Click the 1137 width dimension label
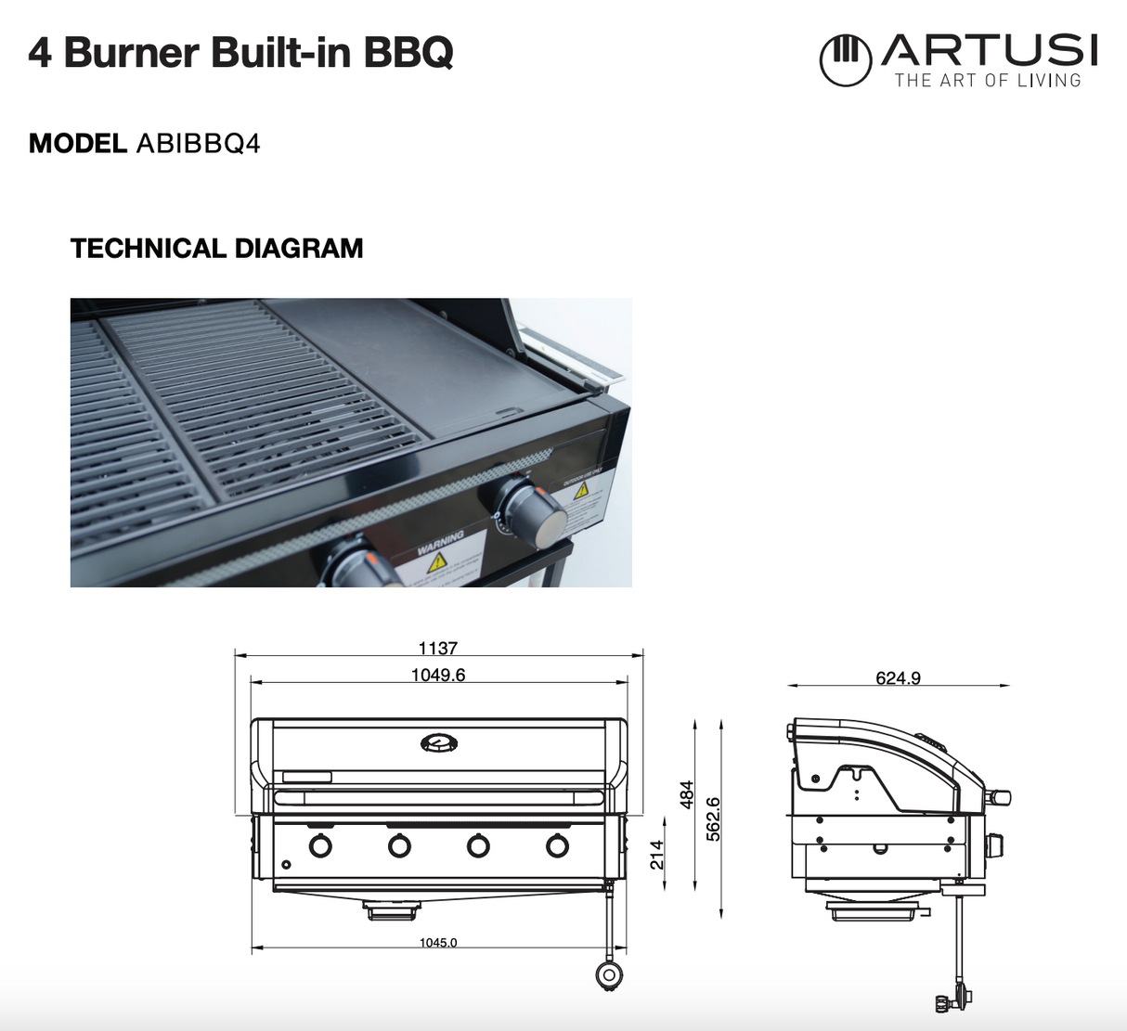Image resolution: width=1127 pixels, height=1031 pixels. pos(437,649)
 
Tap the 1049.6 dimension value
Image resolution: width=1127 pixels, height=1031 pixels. pos(438,675)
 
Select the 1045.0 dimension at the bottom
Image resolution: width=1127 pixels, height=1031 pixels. pos(437,943)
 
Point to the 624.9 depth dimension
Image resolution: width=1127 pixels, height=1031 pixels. pos(898,678)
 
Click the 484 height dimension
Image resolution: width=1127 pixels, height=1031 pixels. pos(687,794)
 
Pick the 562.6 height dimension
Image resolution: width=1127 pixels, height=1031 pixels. pos(713,818)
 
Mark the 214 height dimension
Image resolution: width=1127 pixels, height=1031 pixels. pos(657,855)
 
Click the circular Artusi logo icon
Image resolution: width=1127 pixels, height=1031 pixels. pos(845,60)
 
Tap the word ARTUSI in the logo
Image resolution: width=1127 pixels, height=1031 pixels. pos(990,50)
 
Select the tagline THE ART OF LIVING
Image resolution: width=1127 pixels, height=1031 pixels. pos(988,81)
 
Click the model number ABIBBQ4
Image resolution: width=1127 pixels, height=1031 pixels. pos(198,144)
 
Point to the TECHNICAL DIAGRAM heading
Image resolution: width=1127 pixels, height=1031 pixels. pos(216,249)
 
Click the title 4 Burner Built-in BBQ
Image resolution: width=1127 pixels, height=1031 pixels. pos(240,53)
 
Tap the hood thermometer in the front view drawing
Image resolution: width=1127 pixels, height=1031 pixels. pos(438,742)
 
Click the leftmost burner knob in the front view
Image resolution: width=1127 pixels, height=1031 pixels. pos(320,845)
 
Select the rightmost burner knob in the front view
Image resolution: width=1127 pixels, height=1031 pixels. pos(557,845)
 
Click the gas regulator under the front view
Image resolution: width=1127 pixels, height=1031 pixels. pos(609,973)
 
